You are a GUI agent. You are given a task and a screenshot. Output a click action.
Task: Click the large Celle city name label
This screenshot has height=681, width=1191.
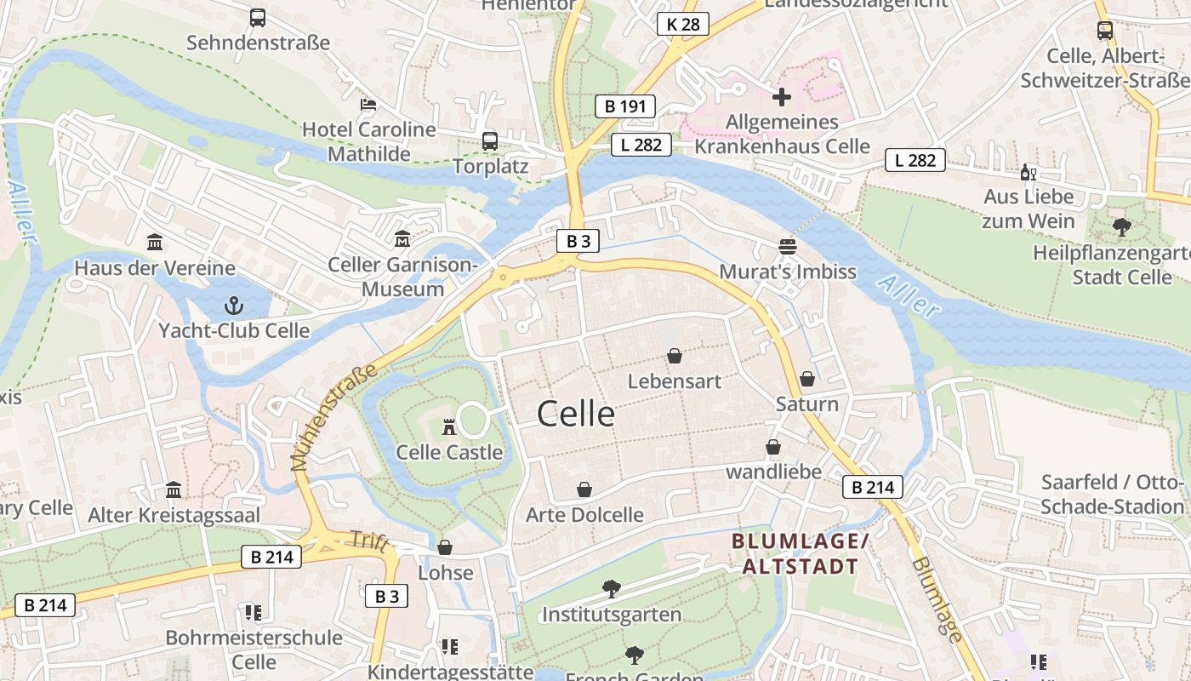[x=576, y=414]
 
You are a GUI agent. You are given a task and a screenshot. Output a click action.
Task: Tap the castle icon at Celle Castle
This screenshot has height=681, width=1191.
[x=449, y=426]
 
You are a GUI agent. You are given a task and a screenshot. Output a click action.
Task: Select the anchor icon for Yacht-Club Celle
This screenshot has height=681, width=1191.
[x=233, y=305]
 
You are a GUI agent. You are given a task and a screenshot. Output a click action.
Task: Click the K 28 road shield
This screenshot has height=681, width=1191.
[x=683, y=24]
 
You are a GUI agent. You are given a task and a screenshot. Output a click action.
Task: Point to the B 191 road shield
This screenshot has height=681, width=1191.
[x=624, y=106]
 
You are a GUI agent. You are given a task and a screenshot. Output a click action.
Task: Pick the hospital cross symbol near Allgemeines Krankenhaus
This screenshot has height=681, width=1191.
[x=782, y=97]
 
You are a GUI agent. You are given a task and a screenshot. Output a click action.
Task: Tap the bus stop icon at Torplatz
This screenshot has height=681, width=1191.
[x=490, y=141]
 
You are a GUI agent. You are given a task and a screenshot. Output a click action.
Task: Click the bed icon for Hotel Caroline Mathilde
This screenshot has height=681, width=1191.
[x=368, y=105]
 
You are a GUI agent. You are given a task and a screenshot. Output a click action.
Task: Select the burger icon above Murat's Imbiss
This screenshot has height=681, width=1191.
[x=788, y=247]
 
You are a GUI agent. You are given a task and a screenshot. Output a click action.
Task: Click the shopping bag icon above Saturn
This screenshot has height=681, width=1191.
[x=807, y=379]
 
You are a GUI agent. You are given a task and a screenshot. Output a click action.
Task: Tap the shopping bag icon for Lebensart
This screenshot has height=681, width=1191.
[x=675, y=356]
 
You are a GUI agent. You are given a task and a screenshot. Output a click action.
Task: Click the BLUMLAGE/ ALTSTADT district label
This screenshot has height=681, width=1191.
[x=800, y=554]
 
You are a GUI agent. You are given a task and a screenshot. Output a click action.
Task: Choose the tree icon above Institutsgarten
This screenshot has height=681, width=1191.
[x=611, y=588]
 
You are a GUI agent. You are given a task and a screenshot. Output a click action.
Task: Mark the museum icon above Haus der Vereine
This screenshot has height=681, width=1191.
[x=155, y=243]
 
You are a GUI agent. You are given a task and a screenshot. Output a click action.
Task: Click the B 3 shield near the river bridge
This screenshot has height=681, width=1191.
[x=578, y=241]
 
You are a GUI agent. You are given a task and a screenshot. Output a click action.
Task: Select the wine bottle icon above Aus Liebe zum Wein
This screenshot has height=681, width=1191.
[x=1029, y=172]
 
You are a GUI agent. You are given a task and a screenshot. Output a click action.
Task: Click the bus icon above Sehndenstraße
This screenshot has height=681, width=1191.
[x=258, y=17]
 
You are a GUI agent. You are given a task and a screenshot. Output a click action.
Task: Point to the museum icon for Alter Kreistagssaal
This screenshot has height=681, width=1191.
[x=174, y=489]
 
